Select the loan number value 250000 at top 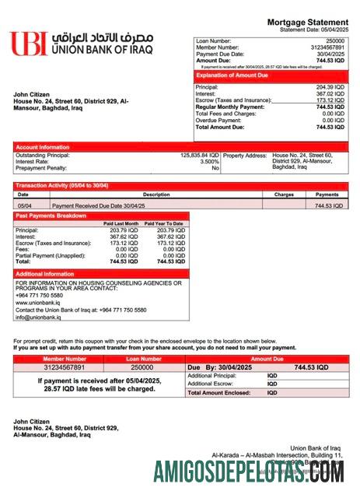click(334, 40)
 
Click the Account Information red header click(44, 146)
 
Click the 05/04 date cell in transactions click(24, 206)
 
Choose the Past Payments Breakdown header click(51, 216)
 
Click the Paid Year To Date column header click(164, 224)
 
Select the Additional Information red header click(45, 274)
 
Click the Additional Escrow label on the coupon click(210, 384)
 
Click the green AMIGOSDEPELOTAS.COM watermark click(249, 472)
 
